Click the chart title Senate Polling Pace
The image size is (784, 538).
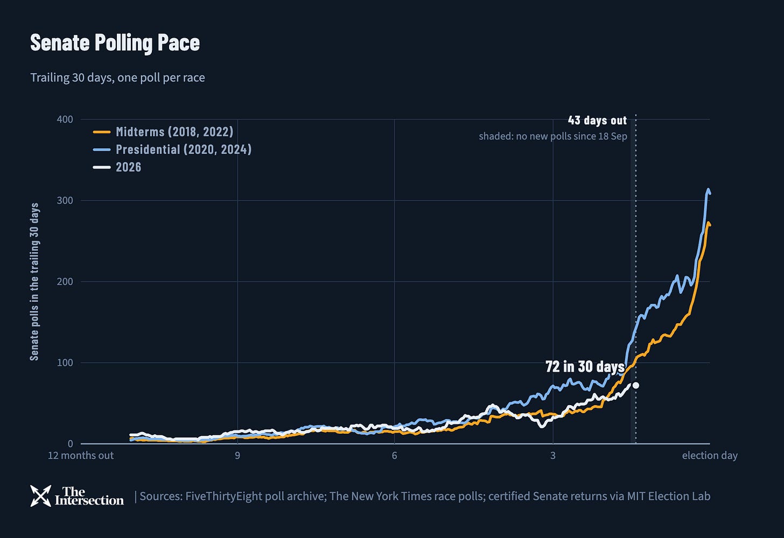point(115,43)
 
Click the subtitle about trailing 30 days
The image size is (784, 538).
point(117,77)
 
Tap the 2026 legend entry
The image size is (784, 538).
point(117,167)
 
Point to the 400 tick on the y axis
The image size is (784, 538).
point(65,119)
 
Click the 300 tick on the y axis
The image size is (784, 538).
point(65,201)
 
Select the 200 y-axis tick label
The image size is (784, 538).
point(65,281)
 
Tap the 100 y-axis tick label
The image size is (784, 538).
point(65,363)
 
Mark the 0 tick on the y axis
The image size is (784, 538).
point(71,443)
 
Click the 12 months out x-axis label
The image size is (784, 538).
point(81,456)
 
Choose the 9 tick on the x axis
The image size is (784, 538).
point(237,456)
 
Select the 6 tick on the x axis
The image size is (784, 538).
point(395,456)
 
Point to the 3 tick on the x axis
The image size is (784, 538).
point(552,456)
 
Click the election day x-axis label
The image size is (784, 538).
point(710,456)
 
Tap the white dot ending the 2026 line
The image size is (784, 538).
point(635,385)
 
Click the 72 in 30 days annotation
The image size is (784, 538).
point(585,366)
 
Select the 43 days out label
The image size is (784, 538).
point(597,120)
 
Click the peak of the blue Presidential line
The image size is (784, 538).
point(708,189)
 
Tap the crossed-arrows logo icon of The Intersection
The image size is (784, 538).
point(40,495)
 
